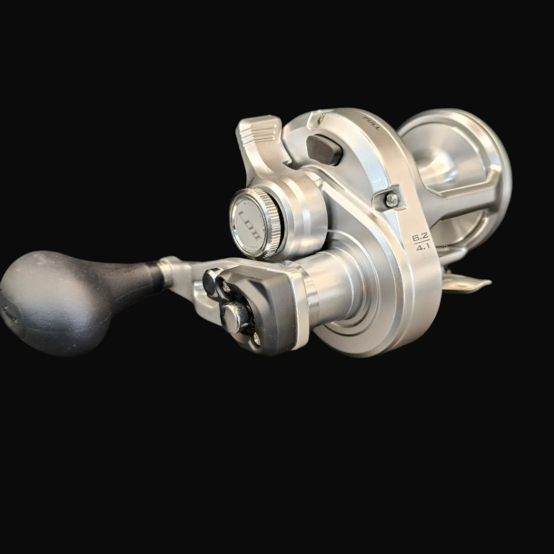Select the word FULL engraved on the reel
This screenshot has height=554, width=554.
point(370,124)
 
